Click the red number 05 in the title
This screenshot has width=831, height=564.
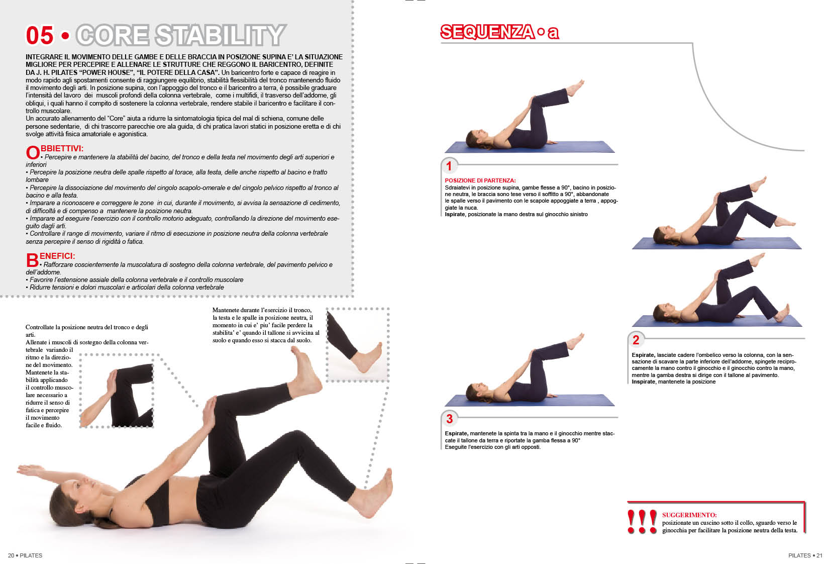click(x=40, y=35)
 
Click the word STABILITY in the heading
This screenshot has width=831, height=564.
click(x=221, y=35)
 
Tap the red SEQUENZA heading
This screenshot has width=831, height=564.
click(x=487, y=32)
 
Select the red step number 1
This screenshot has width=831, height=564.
click(x=449, y=166)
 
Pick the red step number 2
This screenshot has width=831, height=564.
click(x=636, y=339)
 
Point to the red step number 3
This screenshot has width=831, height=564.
click(x=449, y=419)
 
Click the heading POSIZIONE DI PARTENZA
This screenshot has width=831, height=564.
click(x=480, y=180)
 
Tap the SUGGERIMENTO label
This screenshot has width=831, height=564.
click(x=689, y=515)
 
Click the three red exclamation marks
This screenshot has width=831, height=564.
click(x=642, y=521)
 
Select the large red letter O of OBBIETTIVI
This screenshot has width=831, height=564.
click(x=33, y=152)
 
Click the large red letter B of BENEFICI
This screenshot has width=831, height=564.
click(x=32, y=260)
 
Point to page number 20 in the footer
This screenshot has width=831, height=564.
click(x=11, y=555)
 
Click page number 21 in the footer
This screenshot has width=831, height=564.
click(x=819, y=555)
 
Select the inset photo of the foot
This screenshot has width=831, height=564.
click(x=358, y=345)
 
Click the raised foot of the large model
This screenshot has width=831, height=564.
click(x=305, y=372)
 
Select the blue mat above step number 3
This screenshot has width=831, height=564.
click(x=530, y=400)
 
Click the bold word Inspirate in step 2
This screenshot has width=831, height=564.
click(x=644, y=382)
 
